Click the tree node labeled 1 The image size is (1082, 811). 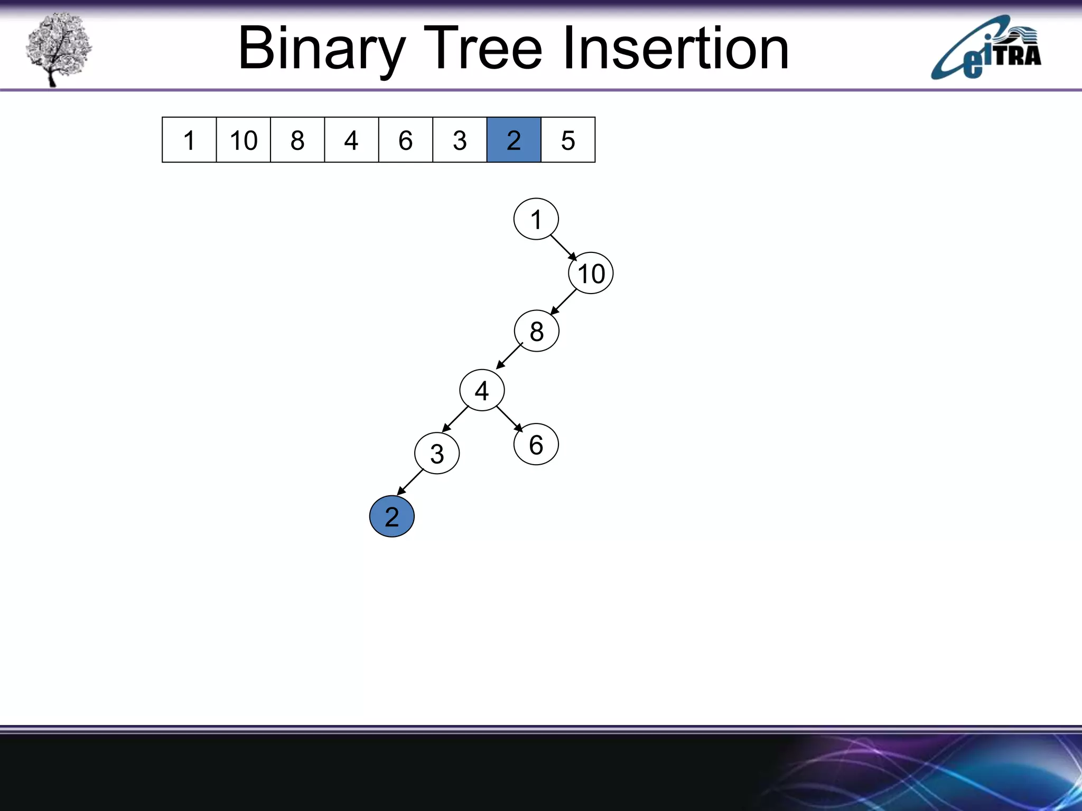536,219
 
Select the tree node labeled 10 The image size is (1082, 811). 591,274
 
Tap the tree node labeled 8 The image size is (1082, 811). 536,331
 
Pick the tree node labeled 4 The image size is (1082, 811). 482,391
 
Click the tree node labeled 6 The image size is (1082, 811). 536,445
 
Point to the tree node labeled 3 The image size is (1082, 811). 437,454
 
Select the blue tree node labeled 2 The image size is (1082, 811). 391,516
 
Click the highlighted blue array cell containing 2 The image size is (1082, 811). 514,140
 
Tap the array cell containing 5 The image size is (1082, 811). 568,140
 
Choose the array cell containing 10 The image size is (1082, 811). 243,140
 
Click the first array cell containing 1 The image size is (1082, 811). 189,140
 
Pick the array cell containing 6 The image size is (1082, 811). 405,140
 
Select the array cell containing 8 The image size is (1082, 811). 297,140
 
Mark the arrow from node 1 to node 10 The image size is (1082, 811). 564,248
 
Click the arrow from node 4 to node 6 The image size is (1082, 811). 509,419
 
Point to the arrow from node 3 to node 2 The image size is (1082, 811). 411,482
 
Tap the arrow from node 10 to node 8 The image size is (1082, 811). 563,303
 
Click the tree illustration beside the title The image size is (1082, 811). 58,49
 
